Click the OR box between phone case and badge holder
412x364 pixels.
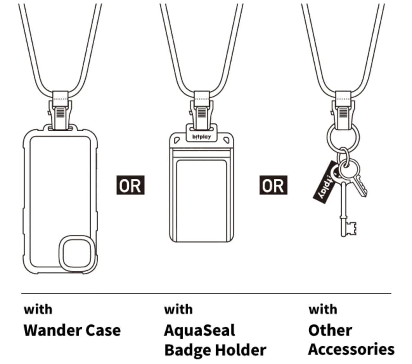[130, 185]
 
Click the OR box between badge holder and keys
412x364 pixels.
[273, 185]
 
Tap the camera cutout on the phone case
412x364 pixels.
[77, 254]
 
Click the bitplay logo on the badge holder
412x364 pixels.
[202, 137]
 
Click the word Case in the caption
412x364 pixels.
[103, 330]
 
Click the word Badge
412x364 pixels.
[188, 351]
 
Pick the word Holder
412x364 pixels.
[241, 350]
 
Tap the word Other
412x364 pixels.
[330, 330]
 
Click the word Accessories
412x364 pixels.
[351, 349]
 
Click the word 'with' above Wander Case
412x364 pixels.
[38, 309]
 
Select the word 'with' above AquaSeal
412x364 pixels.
[178, 309]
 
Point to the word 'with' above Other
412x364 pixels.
[323, 309]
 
